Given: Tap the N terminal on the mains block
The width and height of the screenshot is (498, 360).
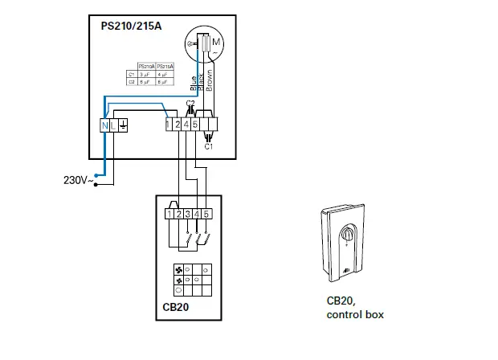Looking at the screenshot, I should (x=104, y=125).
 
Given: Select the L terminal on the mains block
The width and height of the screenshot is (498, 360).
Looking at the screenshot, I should (x=113, y=125).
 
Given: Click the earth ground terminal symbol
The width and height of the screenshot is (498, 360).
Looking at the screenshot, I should (x=123, y=125).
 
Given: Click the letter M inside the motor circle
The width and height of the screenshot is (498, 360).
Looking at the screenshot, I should (x=216, y=41).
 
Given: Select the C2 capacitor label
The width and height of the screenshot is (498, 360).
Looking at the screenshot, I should (x=190, y=104).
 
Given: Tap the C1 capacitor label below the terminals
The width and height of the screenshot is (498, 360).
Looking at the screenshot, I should (x=208, y=148).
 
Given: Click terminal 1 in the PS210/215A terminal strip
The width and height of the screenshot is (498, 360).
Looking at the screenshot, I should (x=168, y=125).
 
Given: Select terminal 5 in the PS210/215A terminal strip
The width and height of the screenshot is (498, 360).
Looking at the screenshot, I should (x=195, y=125).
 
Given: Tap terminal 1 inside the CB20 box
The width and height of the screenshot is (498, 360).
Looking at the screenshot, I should (x=169, y=215).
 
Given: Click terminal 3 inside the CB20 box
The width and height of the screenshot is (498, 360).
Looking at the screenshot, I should (x=187, y=215).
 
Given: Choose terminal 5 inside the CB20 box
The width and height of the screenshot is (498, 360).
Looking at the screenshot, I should (x=206, y=215).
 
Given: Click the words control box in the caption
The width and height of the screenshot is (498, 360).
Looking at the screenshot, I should (x=355, y=314).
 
